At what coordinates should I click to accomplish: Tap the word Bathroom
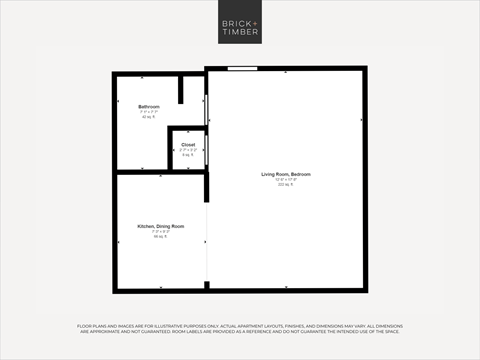(149, 106)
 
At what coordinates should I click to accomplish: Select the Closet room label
(188, 145)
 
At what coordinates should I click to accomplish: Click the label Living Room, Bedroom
(286, 174)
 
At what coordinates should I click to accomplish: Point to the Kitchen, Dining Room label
(161, 226)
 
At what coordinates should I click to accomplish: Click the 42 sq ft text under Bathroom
(149, 117)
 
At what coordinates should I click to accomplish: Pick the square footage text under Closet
(188, 156)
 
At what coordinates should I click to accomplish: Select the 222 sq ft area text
(286, 185)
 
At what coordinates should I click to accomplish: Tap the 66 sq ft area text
(161, 237)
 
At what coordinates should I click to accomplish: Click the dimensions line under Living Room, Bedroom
(286, 180)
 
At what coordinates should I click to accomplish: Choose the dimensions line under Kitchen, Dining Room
(161, 232)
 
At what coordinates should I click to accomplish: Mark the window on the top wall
(241, 69)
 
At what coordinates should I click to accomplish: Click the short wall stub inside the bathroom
(180, 88)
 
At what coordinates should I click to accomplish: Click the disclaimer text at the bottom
(240, 331)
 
